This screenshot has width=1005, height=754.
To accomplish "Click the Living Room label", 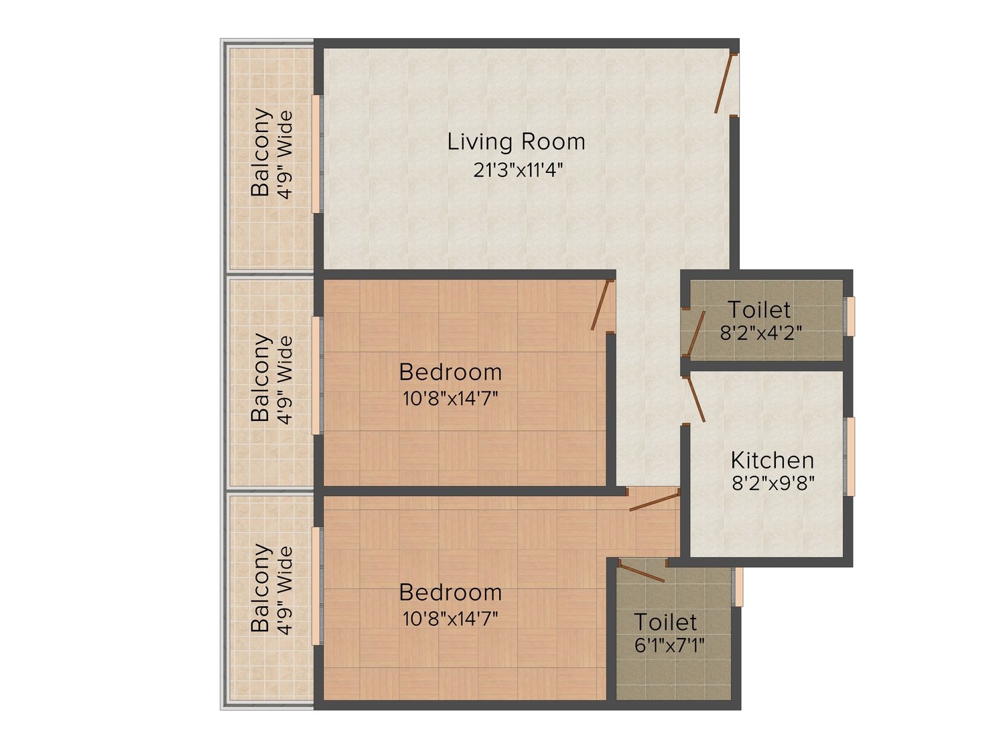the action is (x=516, y=141).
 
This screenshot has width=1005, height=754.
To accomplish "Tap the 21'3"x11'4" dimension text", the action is (x=517, y=170).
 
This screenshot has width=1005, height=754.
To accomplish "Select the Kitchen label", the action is (x=773, y=460).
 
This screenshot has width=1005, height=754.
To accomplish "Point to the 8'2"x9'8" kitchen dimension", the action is (x=773, y=483).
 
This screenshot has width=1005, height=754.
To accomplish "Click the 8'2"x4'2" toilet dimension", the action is (x=761, y=333).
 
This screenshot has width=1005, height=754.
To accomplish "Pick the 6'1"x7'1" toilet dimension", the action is (x=669, y=645).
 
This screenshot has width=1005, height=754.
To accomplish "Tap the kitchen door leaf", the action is (x=694, y=399).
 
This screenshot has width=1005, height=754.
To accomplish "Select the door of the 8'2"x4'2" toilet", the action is (x=694, y=334).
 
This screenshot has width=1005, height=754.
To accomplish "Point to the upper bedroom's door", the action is (x=600, y=305).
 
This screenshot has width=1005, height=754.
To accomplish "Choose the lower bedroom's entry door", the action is (x=655, y=502).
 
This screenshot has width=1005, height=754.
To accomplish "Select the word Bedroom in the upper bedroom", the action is (x=450, y=372).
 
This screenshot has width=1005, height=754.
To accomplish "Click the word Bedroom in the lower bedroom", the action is (x=450, y=592).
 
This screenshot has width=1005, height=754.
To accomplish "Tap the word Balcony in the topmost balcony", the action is (x=261, y=152).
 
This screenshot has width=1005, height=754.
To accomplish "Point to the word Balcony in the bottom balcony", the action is (x=261, y=587).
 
